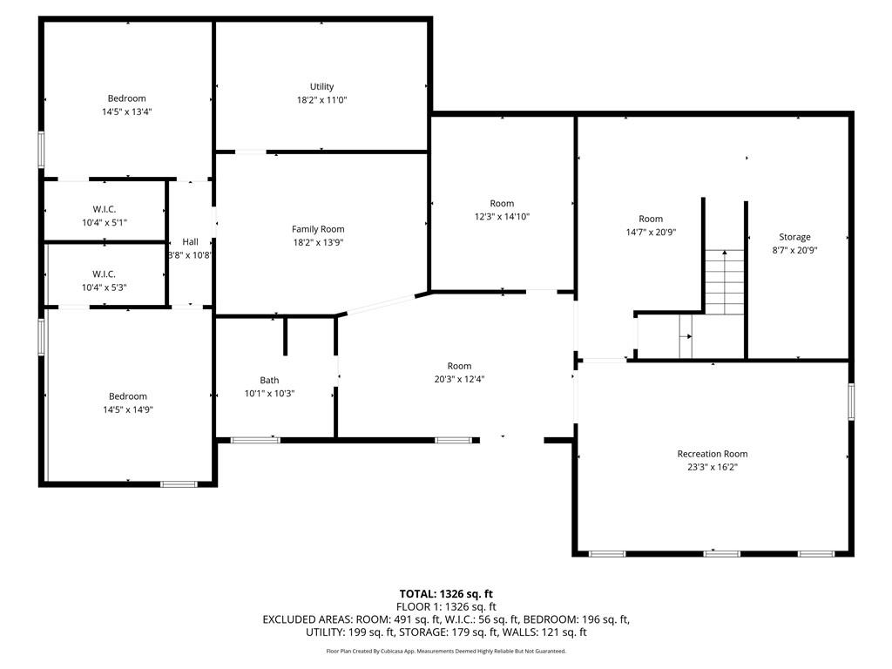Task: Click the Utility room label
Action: tap(321, 86)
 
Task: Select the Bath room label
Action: tap(269, 380)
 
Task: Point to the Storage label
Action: tap(794, 237)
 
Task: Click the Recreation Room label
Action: tap(712, 454)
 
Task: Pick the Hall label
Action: tap(190, 242)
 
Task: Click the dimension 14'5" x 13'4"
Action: tap(127, 112)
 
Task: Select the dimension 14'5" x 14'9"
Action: tap(127, 409)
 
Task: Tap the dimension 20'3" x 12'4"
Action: tap(459, 379)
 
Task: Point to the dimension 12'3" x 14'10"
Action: tap(502, 217)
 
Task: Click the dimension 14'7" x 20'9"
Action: tap(651, 233)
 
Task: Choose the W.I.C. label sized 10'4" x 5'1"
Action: tap(105, 223)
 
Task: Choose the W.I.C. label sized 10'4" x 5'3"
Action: tap(105, 287)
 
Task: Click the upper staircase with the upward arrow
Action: tap(724, 281)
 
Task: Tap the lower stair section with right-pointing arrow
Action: tap(686, 336)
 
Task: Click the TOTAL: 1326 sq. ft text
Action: tap(446, 594)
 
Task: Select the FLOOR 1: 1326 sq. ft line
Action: tap(446, 606)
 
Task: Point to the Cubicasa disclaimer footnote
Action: tap(446, 651)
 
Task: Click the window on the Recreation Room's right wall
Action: tap(851, 402)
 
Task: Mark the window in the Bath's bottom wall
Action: tap(255, 440)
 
